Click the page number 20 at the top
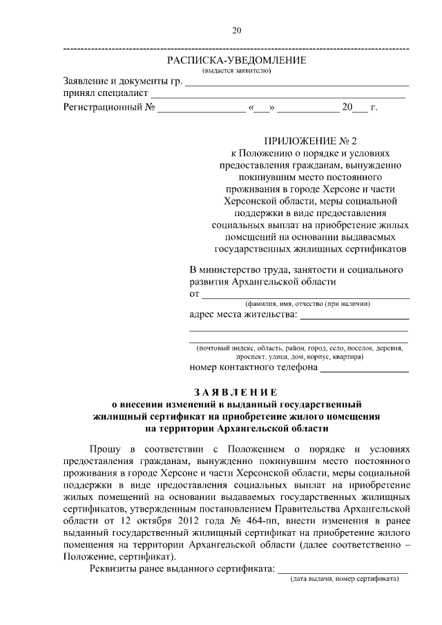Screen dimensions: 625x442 pos(236,30)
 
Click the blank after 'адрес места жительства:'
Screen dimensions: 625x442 pos(354,318)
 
